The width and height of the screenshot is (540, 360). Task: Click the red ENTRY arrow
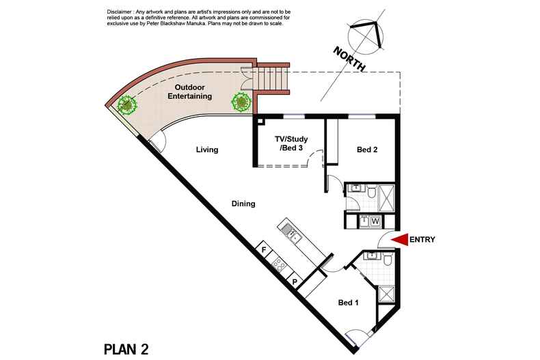click(x=399, y=240)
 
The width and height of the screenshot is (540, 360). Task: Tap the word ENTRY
click(x=422, y=240)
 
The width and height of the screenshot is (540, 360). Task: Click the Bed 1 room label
click(x=348, y=303)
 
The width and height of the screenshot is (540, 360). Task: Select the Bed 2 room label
click(x=367, y=150)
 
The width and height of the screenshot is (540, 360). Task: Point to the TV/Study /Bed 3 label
click(x=291, y=143)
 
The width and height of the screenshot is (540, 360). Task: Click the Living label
click(x=207, y=150)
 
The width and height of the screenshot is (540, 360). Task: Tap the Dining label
click(x=243, y=204)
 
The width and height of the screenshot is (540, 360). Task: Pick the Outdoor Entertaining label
click(x=190, y=92)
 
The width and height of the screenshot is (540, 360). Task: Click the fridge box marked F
click(x=265, y=249)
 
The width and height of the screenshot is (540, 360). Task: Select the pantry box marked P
click(x=295, y=281)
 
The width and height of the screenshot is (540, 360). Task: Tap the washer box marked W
click(x=375, y=221)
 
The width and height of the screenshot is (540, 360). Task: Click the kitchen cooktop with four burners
click(x=278, y=264)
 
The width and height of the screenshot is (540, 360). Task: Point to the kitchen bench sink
click(x=291, y=234)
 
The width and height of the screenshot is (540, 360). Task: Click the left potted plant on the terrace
click(x=126, y=105)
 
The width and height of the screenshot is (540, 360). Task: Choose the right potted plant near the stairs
click(x=241, y=102)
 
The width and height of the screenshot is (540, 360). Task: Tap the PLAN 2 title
click(x=126, y=349)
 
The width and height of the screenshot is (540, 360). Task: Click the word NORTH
click(x=349, y=59)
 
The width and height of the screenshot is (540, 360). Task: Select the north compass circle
click(x=366, y=36)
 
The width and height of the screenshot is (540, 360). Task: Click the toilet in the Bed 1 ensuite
click(x=388, y=260)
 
